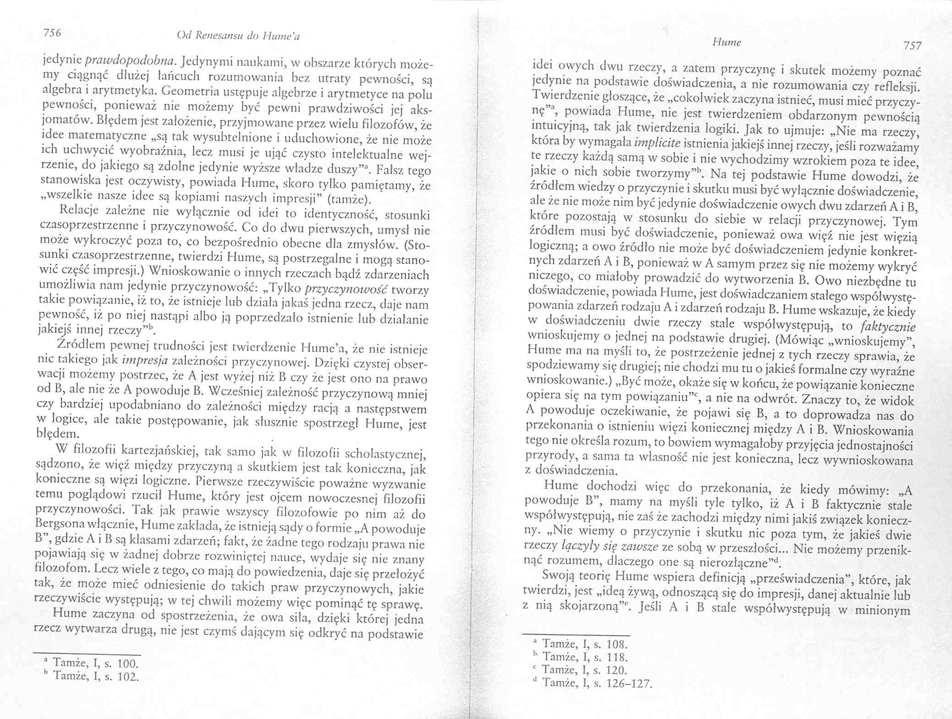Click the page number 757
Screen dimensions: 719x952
(x=910, y=46)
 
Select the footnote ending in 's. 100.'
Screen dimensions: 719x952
(x=94, y=663)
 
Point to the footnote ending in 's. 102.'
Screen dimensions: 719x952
(x=94, y=676)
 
